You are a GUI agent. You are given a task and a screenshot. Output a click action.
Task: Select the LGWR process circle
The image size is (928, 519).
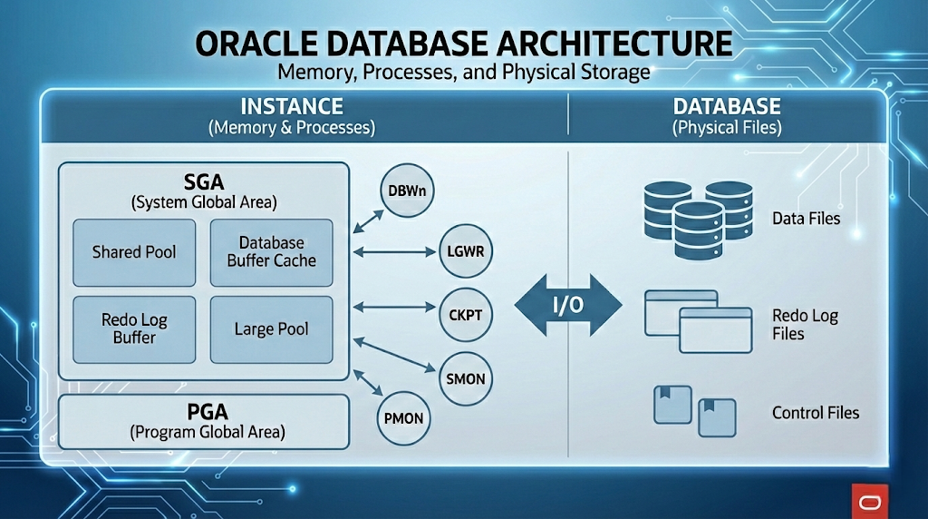point(466,251)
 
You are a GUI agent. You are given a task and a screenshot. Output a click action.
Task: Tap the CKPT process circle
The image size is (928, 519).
point(466,315)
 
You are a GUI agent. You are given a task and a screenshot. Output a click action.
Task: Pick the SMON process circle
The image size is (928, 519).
point(466,377)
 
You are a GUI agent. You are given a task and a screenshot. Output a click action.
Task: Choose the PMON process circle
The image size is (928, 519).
point(402,418)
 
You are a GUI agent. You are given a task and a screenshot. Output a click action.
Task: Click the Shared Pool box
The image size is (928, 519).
point(134,251)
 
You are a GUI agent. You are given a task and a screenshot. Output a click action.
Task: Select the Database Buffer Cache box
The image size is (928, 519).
point(271,251)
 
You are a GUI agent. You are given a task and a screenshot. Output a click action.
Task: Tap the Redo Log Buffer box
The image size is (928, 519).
point(134,328)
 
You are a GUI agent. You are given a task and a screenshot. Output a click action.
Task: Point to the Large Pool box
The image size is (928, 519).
point(271,328)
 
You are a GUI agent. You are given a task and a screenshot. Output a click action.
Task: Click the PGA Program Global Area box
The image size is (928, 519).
point(203,423)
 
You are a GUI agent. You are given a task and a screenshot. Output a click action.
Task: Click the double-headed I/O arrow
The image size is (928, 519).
point(568,306)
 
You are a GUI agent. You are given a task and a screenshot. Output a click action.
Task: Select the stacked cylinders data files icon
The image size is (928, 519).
point(697,217)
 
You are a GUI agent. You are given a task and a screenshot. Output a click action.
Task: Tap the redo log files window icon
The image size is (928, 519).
point(698,322)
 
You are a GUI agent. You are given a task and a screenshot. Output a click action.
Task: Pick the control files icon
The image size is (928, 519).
point(694,410)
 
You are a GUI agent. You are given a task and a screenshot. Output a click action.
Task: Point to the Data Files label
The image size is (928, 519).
point(806,219)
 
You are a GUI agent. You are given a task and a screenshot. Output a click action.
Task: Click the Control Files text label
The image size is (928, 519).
point(815,413)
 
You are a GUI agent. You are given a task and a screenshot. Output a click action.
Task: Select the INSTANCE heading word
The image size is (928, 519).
point(292,106)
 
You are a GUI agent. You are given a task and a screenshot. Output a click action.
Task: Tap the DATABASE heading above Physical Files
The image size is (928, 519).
point(727,106)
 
